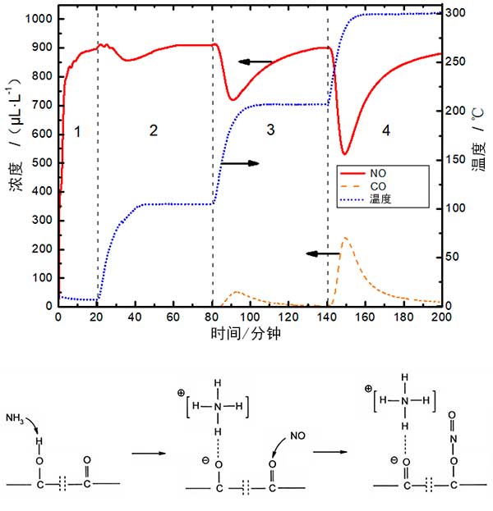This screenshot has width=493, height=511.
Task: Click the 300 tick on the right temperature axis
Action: (x=457, y=14)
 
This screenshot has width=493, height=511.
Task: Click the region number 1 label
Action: (x=77, y=130)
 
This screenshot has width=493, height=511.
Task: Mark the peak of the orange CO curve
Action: (x=345, y=238)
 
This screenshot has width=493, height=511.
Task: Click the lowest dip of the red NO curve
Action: (x=344, y=153)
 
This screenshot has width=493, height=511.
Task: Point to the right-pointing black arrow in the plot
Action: (x=240, y=163)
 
